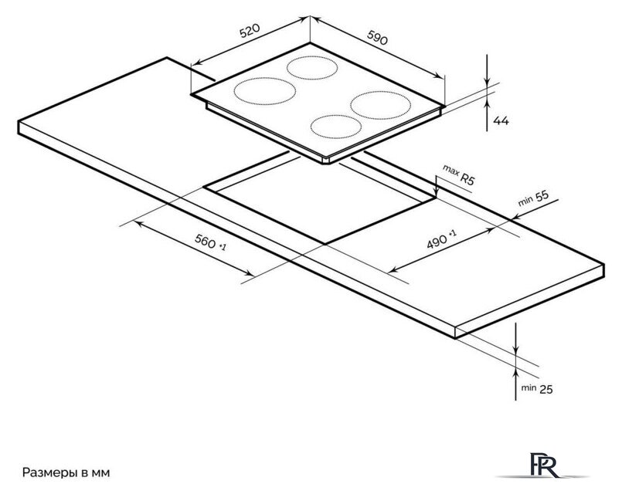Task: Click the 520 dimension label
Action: [x=250, y=31]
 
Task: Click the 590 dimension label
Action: [x=377, y=38]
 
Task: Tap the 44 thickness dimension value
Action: [x=501, y=120]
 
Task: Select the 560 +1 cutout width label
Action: [x=210, y=242]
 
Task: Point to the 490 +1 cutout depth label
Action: [x=441, y=239]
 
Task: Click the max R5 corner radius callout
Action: [x=458, y=174]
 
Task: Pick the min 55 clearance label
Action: [x=534, y=198]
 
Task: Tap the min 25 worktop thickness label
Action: [x=537, y=388]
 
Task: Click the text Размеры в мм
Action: [x=66, y=472]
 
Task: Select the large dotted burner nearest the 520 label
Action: [x=264, y=91]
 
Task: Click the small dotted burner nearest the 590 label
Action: [x=312, y=68]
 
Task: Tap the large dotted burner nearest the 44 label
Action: [x=380, y=105]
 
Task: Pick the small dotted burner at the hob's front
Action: [x=336, y=127]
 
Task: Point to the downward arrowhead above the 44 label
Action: [x=487, y=82]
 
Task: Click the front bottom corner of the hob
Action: [x=325, y=161]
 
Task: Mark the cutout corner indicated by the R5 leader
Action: [x=436, y=197]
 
